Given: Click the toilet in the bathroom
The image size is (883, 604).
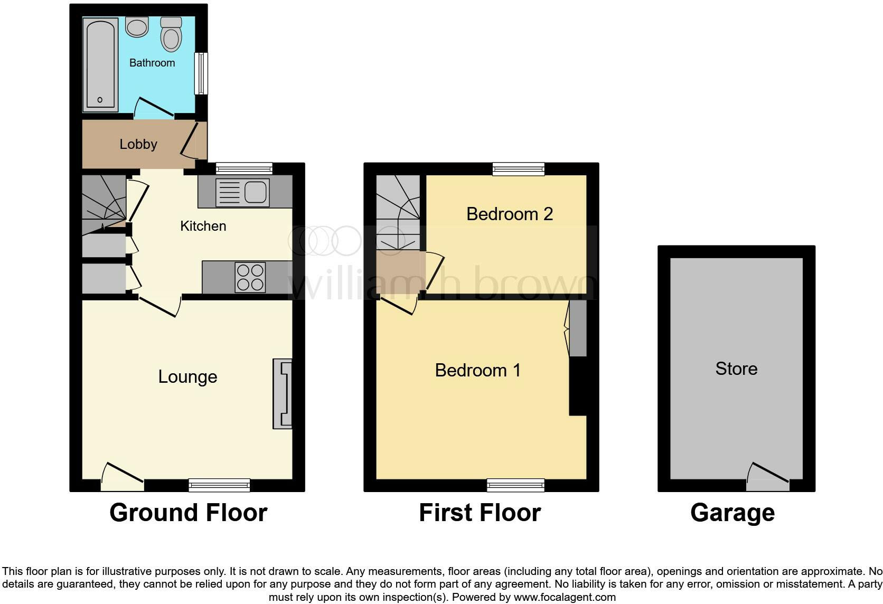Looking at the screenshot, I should [x=171, y=36].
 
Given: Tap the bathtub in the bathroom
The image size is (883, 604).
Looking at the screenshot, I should [x=100, y=64].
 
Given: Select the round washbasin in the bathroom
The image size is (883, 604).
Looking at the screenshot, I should [x=137, y=27].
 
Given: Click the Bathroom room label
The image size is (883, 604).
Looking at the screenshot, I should [x=152, y=63].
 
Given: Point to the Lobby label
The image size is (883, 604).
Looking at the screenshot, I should [x=138, y=144].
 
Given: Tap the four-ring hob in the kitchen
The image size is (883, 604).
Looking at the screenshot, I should [x=250, y=277].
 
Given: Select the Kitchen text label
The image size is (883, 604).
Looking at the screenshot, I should [x=203, y=226].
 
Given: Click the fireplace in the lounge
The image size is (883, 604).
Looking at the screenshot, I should [x=283, y=393].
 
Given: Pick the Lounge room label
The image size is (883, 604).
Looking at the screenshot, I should [x=187, y=376].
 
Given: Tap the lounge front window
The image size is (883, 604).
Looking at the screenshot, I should [x=219, y=485].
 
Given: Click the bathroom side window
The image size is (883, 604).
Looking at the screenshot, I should [x=201, y=73].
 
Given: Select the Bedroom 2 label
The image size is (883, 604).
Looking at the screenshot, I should [x=509, y=214].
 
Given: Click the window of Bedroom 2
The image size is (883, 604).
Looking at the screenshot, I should [x=518, y=169].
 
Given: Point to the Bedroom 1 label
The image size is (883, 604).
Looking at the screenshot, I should [x=477, y=370].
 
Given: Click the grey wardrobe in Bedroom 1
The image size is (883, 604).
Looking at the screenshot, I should [x=578, y=328].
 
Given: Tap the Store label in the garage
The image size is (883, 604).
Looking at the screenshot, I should [x=736, y=369].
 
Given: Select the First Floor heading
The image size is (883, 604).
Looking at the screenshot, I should [x=480, y=513].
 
